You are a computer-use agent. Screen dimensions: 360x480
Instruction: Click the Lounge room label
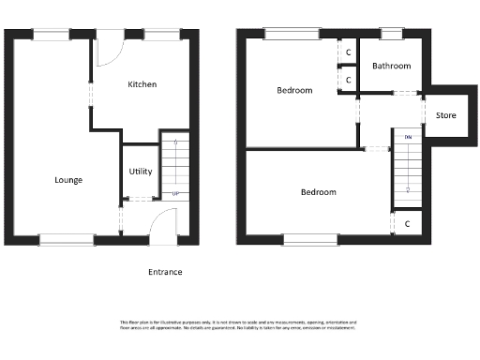[x=68, y=180]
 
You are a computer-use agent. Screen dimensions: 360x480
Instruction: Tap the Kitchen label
[x=142, y=84]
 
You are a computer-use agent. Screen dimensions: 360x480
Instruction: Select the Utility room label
[x=141, y=172]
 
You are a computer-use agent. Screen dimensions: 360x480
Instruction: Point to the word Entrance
[x=165, y=272]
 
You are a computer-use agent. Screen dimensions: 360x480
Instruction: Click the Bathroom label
[x=392, y=67]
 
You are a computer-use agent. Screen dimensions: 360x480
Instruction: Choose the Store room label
[x=446, y=115]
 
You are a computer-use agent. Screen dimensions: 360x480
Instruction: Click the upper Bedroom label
[x=293, y=91]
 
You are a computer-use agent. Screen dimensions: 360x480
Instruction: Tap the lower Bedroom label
[x=318, y=192]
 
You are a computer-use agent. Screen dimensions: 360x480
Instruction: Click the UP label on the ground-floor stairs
[x=175, y=195]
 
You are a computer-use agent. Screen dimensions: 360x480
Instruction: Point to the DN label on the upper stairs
[x=408, y=138]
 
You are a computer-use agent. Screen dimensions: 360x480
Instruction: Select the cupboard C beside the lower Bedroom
[x=407, y=224]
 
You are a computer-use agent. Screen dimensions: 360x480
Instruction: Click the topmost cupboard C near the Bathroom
[x=349, y=52]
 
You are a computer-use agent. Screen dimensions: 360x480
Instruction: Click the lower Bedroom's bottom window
[x=310, y=240]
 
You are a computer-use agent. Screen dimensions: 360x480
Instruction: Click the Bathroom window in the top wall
[x=391, y=35]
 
